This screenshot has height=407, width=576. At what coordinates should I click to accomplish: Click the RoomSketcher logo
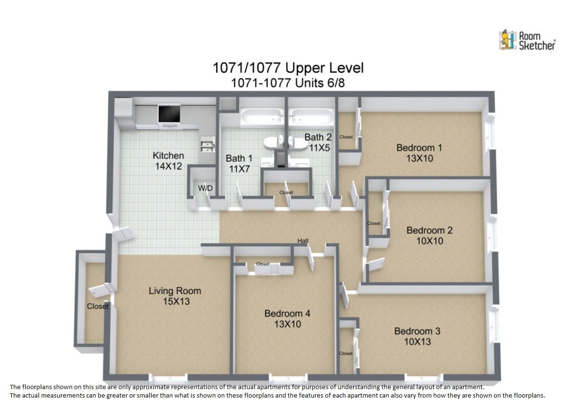tap(527, 41)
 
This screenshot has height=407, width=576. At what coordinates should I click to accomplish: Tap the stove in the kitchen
tap(169, 115)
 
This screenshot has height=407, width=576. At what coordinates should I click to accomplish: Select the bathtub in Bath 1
tap(262, 118)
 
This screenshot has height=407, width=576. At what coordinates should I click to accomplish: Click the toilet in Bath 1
tap(273, 142)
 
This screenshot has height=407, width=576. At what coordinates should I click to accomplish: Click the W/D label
tap(205, 188)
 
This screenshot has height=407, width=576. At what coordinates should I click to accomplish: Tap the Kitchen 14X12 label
tap(168, 161)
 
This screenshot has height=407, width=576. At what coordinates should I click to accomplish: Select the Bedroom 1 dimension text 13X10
tap(420, 158)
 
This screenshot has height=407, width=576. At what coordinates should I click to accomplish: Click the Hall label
tap(303, 241)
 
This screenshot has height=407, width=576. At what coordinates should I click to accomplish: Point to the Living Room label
tap(175, 291)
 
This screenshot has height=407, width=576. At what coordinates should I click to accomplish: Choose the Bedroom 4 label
tap(287, 313)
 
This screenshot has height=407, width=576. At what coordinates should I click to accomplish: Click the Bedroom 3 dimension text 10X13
tap(417, 342)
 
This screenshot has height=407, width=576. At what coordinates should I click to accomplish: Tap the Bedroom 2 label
tap(429, 230)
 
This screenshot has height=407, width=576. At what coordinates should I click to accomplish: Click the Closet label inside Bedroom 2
tap(374, 223)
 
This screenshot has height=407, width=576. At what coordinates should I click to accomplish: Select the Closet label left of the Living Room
tap(98, 306)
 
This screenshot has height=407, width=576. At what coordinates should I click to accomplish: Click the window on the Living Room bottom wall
tap(168, 379)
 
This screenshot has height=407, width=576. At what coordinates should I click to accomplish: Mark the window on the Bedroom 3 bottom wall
tap(424, 379)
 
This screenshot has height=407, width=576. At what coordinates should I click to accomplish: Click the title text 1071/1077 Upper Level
tap(288, 68)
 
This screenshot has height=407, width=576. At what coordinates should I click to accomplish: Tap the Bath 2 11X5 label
tap(318, 143)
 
